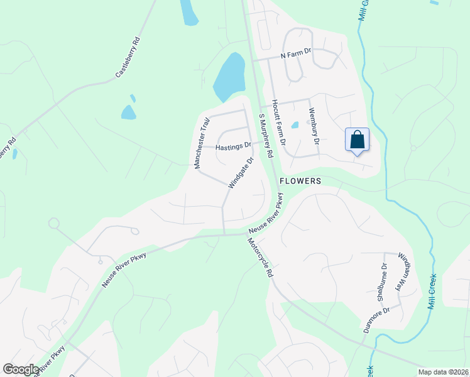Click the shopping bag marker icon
click(357, 140)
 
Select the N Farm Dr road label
click(296, 55)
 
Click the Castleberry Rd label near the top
click(128, 60)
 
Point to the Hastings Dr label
click(233, 148)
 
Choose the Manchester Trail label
click(202, 143)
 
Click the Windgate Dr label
click(241, 173)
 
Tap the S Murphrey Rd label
click(266, 136)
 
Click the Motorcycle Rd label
click(260, 258)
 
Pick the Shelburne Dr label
click(383, 282)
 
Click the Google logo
click(21, 369)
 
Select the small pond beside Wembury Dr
click(295, 124)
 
